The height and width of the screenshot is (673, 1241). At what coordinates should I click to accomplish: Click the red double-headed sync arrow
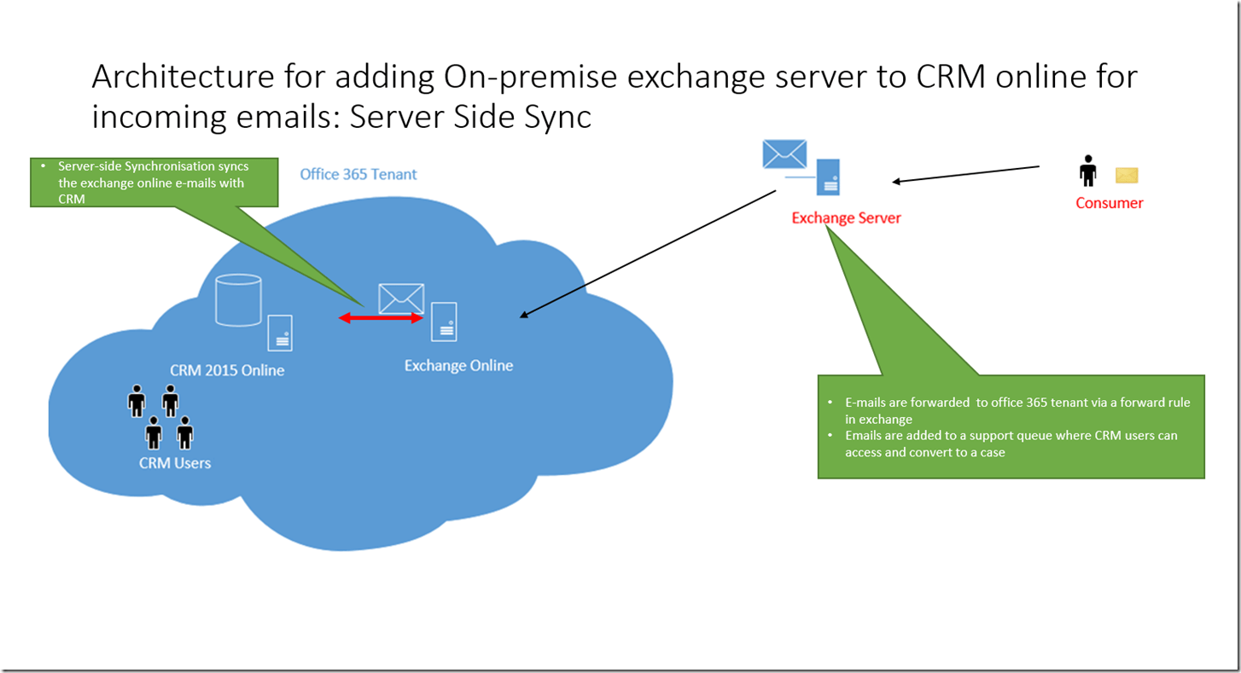(382, 318)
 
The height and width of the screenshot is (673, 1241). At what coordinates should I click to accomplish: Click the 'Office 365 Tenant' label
(358, 174)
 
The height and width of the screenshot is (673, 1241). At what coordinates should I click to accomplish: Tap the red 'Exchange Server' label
(846, 218)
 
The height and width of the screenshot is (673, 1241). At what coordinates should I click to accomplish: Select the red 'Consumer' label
(1109, 203)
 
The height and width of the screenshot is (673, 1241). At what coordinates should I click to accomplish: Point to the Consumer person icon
(1087, 171)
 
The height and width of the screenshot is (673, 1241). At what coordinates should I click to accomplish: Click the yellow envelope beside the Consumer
(1127, 175)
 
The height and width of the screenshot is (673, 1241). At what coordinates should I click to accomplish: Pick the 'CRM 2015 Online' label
(227, 370)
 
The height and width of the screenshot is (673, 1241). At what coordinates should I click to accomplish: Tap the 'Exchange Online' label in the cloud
(458, 365)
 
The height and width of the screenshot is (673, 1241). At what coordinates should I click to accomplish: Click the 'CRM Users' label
(175, 463)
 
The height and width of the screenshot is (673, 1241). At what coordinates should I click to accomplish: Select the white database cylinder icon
(238, 299)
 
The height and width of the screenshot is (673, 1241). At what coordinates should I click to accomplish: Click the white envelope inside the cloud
(401, 298)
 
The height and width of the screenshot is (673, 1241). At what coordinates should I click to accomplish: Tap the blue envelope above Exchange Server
(784, 154)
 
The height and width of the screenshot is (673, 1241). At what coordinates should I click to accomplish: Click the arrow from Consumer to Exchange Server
(965, 174)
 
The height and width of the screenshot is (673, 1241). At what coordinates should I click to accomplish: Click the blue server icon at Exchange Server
(827, 177)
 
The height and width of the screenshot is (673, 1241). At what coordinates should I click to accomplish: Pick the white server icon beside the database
(280, 333)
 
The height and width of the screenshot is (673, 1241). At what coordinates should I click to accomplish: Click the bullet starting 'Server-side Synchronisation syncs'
(154, 183)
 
